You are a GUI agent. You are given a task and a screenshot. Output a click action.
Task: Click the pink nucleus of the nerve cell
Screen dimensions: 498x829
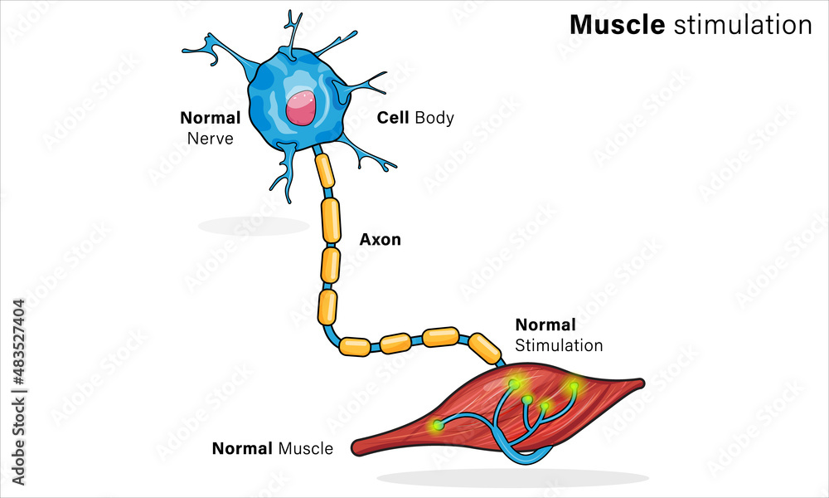pos(301,108)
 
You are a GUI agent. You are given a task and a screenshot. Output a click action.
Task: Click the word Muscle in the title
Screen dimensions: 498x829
pos(617,25)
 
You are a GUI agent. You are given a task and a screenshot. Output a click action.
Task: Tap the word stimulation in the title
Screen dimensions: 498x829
pos(743,25)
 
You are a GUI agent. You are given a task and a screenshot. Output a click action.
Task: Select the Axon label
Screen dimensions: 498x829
pos(380,240)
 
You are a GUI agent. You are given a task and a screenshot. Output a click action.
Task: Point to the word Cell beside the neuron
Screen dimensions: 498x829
pos(394,118)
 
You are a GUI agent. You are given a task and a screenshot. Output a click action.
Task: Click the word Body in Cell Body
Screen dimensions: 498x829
pos(434,118)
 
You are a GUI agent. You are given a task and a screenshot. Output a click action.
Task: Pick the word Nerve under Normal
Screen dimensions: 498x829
pos(210,138)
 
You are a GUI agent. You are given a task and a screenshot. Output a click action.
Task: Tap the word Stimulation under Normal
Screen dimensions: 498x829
pos(559,344)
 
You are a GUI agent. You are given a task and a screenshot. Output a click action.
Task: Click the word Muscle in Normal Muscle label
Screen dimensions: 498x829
pos(305,449)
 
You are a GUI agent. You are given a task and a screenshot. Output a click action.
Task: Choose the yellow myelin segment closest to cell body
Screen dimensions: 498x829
pos(324,170)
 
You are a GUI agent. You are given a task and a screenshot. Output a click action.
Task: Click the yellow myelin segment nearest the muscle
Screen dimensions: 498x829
pos(485,347)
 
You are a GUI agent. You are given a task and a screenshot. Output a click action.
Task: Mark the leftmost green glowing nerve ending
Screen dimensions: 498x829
pos(438,425)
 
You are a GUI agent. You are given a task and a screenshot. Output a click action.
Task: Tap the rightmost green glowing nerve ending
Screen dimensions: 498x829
pos(573,386)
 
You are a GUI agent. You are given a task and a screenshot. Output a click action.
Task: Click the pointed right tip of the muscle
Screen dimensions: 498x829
pos(640,383)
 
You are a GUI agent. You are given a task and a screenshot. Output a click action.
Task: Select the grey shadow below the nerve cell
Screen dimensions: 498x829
pos(253,225)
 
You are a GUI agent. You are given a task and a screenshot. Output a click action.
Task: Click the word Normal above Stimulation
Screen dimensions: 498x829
pos(545,325)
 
